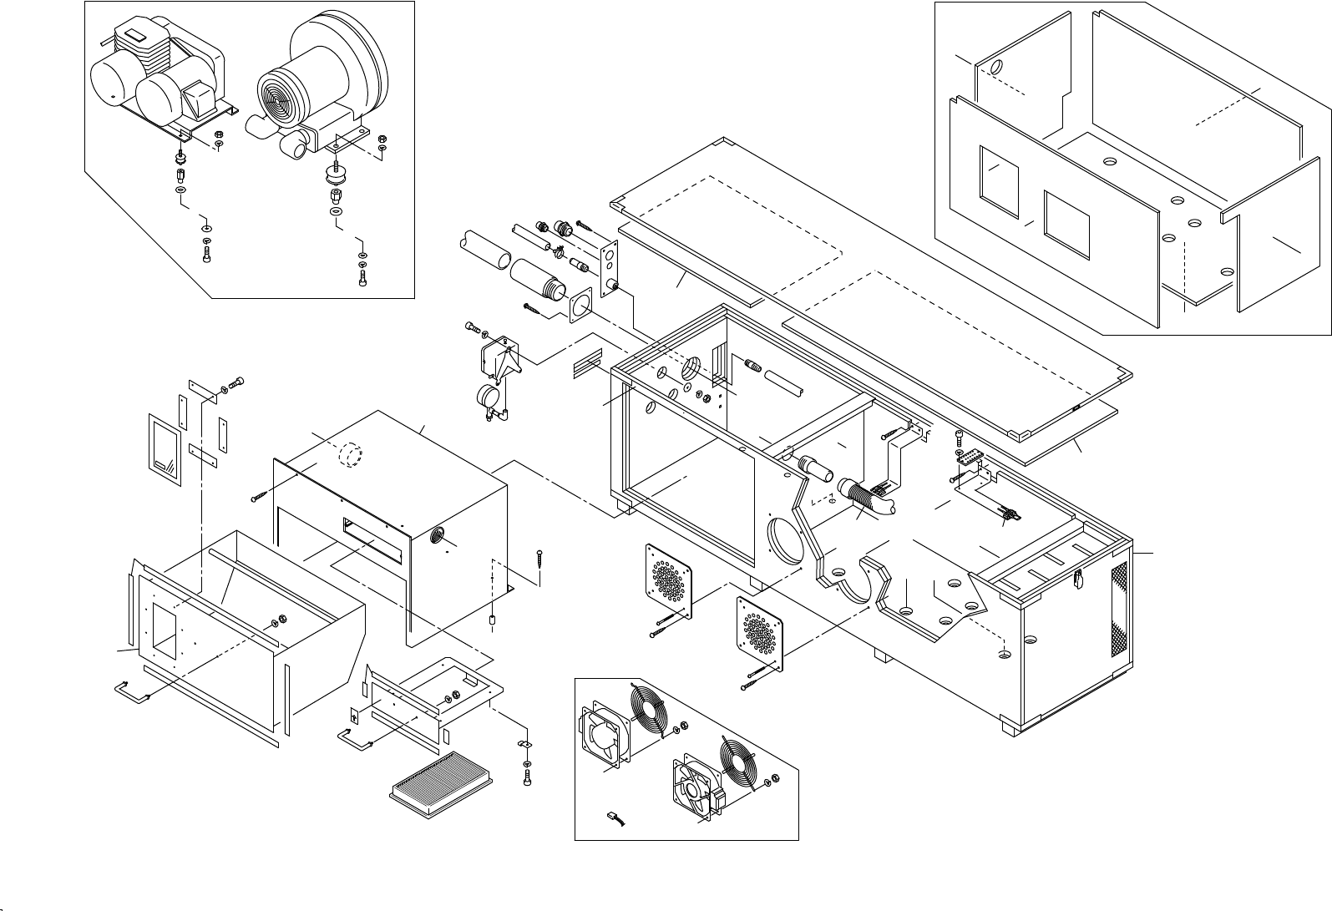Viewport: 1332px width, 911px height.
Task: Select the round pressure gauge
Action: tap(486, 396)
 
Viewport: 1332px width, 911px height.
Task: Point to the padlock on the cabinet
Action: tap(1078, 576)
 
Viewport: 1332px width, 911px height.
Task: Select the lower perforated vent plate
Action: tap(762, 635)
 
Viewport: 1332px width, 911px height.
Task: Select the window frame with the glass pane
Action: tap(165, 448)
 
